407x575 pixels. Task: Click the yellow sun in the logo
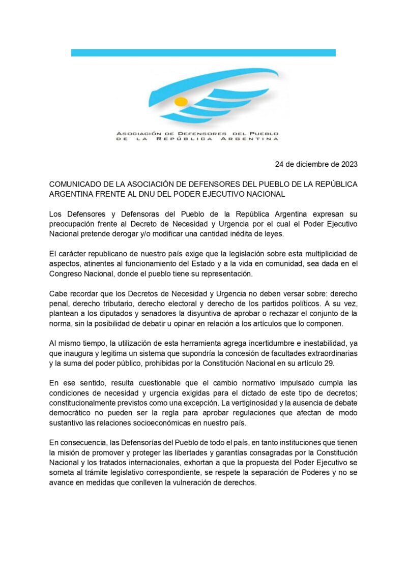click(181, 101)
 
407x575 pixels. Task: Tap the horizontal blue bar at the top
click(203, 52)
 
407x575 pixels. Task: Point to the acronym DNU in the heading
click(185, 194)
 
